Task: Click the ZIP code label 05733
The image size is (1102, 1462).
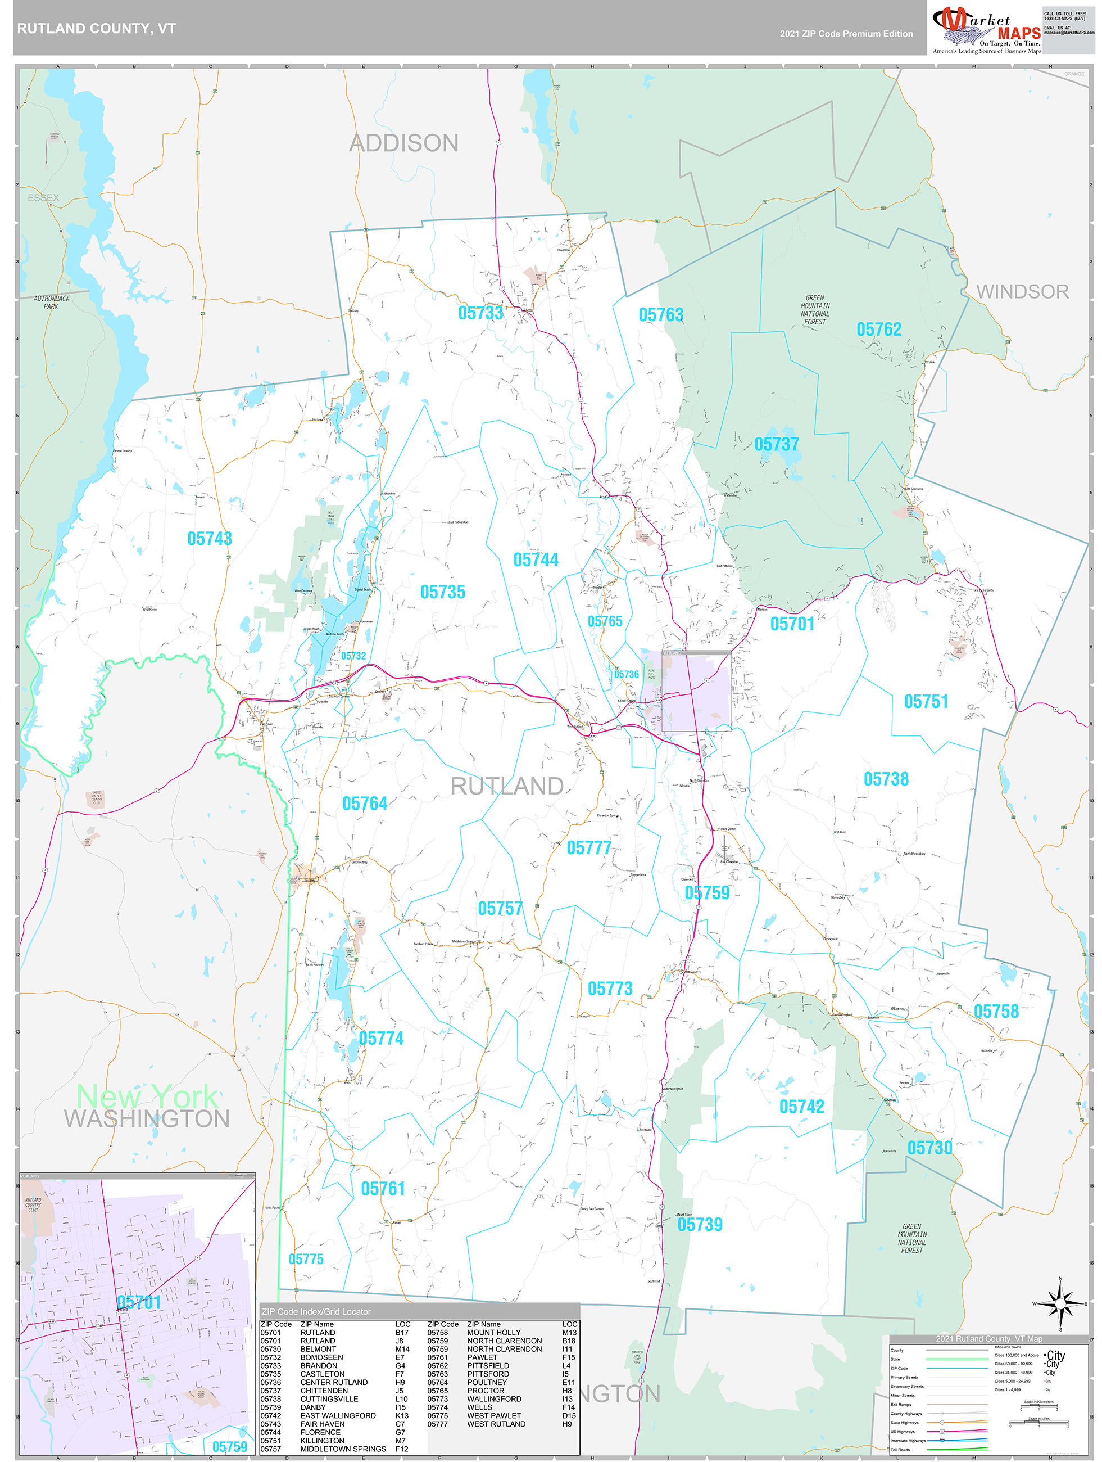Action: [480, 313]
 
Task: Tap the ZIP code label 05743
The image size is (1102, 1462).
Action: [210, 539]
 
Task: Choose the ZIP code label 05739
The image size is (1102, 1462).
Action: [700, 1225]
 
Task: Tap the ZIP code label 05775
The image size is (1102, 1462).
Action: [306, 1259]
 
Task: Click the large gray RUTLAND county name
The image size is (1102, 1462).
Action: [507, 787]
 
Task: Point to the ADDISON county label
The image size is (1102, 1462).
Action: [403, 143]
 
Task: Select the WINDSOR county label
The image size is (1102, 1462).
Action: [1022, 291]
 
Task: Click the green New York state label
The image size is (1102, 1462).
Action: [147, 1097]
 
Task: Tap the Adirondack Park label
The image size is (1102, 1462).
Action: [52, 302]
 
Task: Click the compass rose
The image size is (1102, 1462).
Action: [1060, 1304]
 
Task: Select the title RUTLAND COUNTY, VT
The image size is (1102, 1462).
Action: [97, 29]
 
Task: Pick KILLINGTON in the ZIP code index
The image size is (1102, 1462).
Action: [323, 1441]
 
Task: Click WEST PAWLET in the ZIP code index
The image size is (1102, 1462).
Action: [493, 1416]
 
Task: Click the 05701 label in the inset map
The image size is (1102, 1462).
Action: [139, 1303]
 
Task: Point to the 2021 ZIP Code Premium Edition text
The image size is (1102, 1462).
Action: [846, 34]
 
